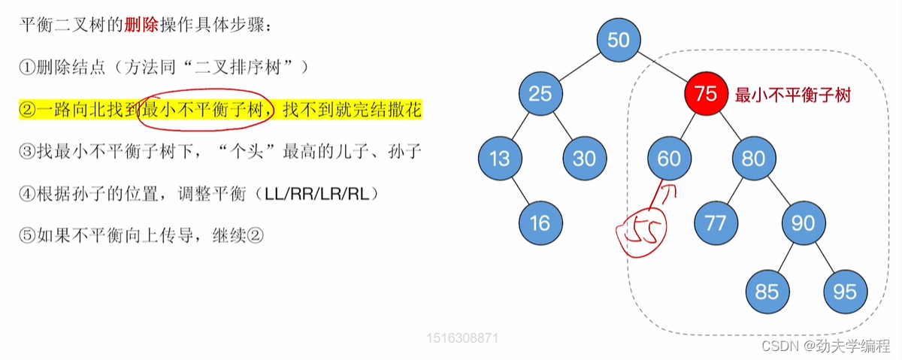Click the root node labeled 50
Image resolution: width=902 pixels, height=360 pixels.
tap(618, 40)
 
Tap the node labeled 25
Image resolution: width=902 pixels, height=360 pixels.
tap(540, 94)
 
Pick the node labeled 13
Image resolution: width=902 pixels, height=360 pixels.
tap(500, 158)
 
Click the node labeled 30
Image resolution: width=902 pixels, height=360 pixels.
tap(584, 158)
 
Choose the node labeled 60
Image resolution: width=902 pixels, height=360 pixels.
tap(669, 158)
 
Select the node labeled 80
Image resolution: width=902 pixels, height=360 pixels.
tap(753, 158)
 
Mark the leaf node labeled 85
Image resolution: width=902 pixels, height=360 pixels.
tap(767, 291)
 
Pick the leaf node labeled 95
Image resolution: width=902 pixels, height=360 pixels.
tap(845, 291)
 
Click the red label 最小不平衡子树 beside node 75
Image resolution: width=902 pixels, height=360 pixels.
tap(792, 96)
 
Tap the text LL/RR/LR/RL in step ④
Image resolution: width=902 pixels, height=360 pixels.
tap(317, 194)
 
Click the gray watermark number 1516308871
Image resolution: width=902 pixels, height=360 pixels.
tap(462, 338)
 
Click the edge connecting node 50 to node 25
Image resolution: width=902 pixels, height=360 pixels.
tap(579, 67)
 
